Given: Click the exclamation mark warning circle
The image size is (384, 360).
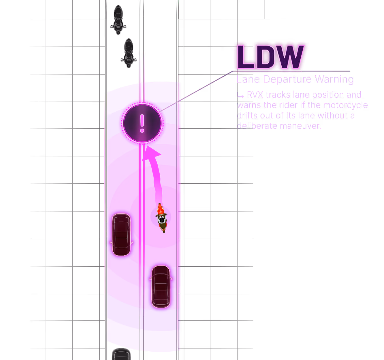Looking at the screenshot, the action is pos(142,123).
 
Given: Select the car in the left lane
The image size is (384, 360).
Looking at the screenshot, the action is pos(121,235).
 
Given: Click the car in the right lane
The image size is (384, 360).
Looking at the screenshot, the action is pos(161,287).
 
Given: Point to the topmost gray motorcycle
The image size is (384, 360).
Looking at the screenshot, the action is pos(118,20).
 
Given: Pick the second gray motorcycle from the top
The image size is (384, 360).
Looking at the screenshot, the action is pos(129,53).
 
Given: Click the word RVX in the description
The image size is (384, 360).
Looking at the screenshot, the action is pos(255,95).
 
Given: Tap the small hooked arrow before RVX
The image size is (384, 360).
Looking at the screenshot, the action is pos(240,96).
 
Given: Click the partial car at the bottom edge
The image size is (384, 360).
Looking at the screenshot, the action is pos(121,354).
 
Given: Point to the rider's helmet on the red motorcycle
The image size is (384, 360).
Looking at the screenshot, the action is pos(162,220).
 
